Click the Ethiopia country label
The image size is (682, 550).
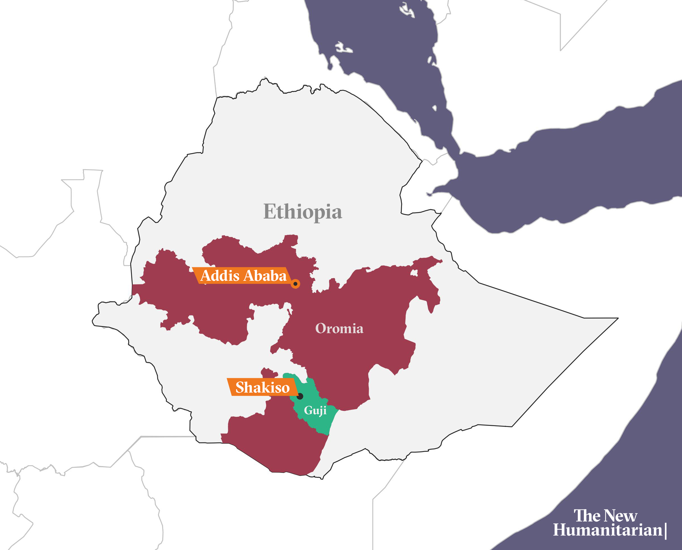tap(303, 212)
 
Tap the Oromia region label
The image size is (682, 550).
tap(339, 329)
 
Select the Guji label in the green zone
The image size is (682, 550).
tap(315, 411)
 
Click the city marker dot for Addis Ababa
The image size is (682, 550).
tap(295, 284)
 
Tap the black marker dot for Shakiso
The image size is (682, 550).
tap(300, 396)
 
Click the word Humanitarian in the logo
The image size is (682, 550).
tap(608, 530)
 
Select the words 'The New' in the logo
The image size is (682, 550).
tap(605, 515)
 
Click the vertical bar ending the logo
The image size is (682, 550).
tap(666, 531)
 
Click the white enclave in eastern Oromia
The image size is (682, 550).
tap(414, 273)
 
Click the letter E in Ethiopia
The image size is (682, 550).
tap(269, 212)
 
